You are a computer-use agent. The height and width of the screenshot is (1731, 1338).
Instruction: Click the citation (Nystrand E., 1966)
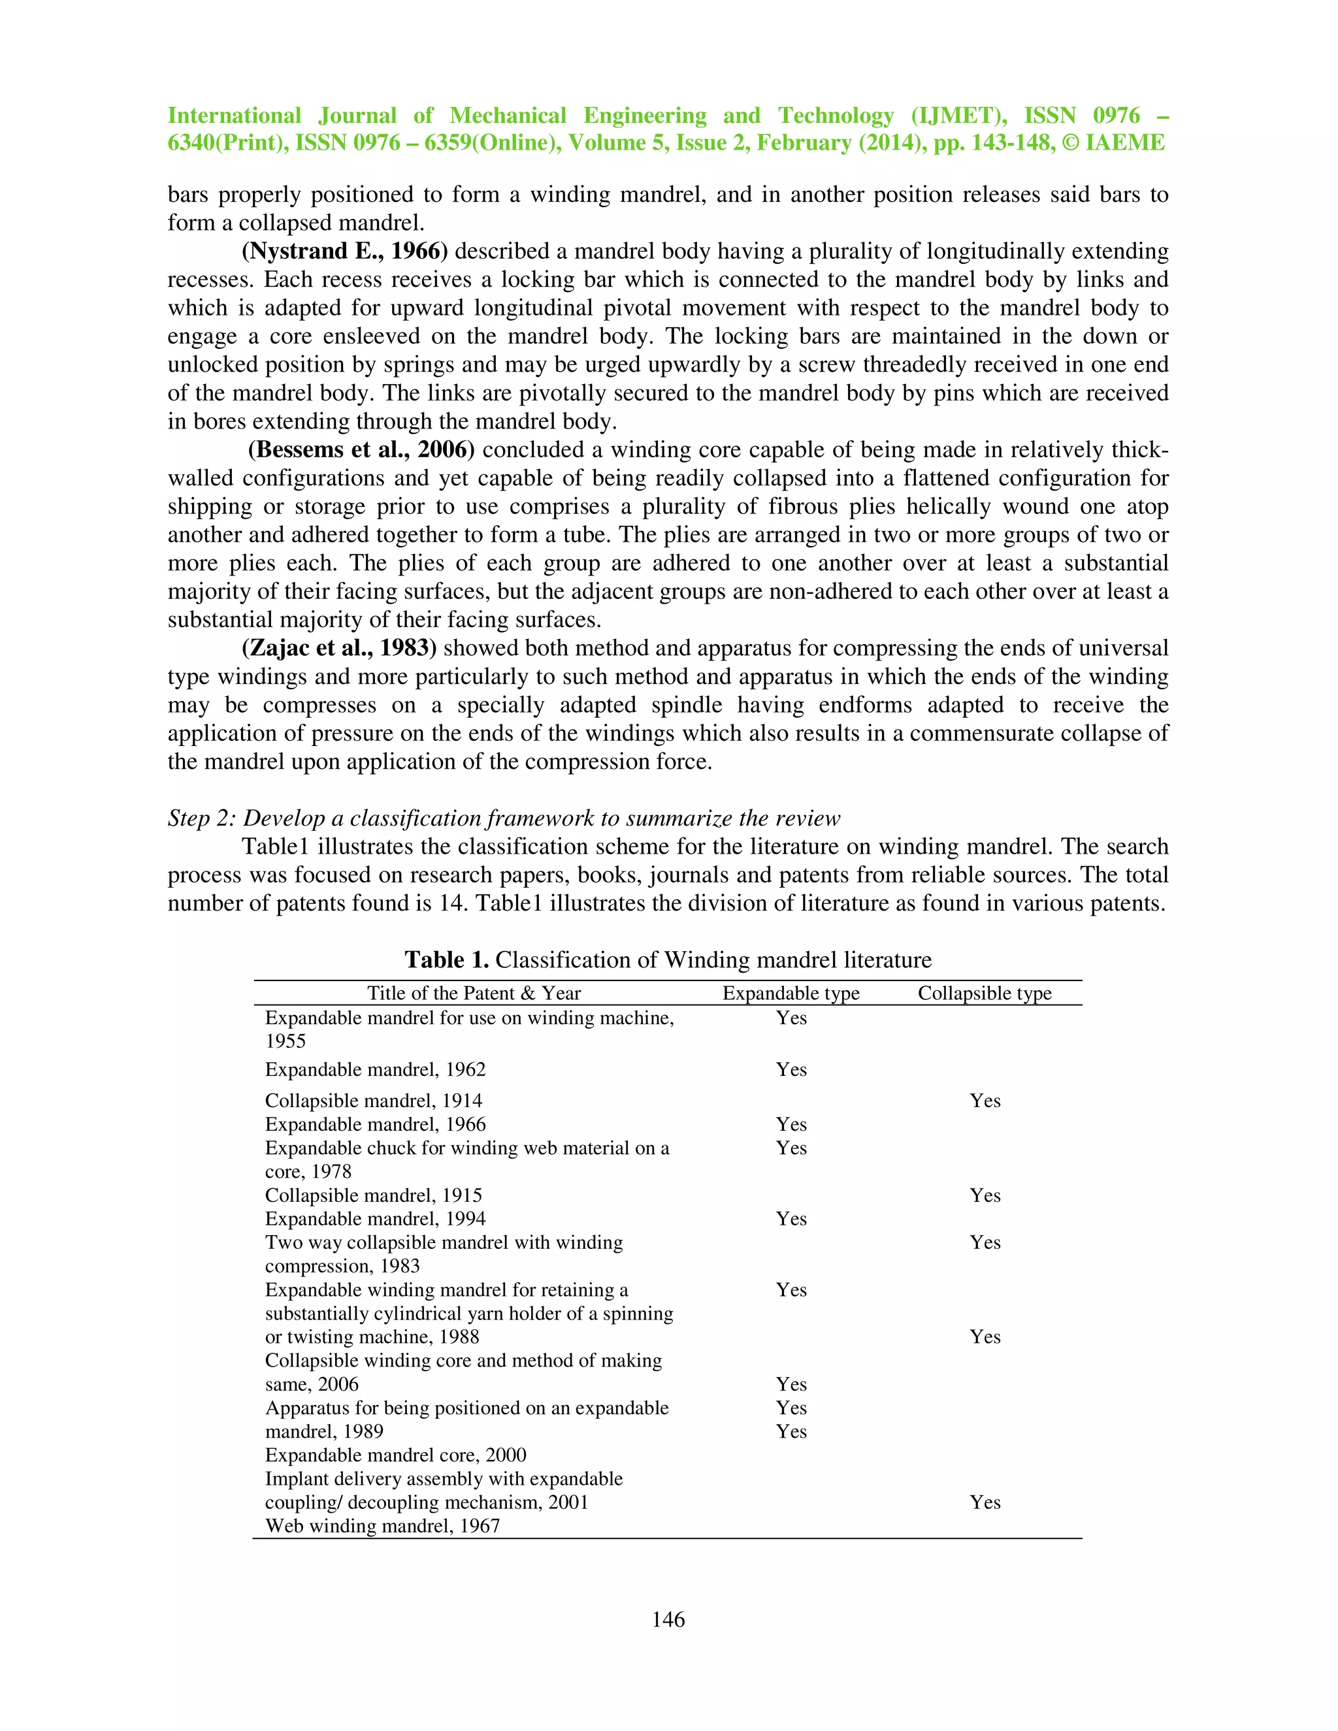point(345,251)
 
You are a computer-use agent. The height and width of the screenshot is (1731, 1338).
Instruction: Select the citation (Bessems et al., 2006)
point(361,450)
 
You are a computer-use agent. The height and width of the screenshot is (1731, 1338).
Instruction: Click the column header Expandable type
point(791,993)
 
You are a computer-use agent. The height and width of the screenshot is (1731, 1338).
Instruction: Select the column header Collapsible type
point(985,993)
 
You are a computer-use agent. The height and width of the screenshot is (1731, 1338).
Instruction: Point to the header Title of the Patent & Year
point(474,993)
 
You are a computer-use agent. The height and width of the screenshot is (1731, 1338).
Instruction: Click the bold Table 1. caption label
point(446,960)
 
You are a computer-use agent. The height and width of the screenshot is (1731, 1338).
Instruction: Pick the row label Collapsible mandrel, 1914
point(373,1101)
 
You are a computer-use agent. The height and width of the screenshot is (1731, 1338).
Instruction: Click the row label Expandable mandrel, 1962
point(375,1069)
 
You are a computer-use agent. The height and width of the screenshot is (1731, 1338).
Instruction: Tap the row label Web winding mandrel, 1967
point(382,1526)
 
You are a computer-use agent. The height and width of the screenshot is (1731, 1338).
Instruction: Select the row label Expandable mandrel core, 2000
point(395,1455)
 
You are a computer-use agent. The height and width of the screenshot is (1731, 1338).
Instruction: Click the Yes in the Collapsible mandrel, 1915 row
point(985,1195)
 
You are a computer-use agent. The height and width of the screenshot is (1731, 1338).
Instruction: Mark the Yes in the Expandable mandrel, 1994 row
point(791,1219)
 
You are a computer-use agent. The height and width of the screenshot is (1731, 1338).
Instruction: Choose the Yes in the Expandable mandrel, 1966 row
point(791,1124)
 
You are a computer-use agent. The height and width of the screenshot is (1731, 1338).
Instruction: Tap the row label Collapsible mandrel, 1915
point(373,1195)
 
